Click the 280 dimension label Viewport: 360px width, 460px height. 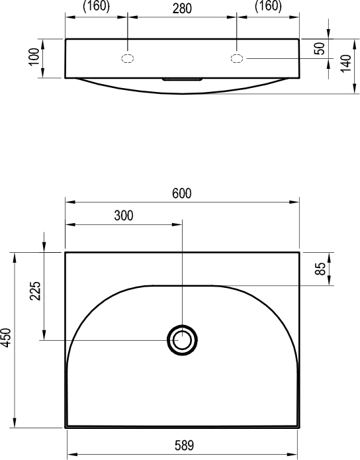(182, 9)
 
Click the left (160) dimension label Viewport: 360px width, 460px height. (96, 6)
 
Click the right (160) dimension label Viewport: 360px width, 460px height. (268, 6)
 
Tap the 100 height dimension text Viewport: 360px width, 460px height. (34, 56)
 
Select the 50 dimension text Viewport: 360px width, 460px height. (320, 48)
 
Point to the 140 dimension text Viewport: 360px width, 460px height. (346, 63)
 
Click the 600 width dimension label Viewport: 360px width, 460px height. (182, 193)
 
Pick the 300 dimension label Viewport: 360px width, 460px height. (124, 216)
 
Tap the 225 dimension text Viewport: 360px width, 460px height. (35, 291)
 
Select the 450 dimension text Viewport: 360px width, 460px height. (6, 338)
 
